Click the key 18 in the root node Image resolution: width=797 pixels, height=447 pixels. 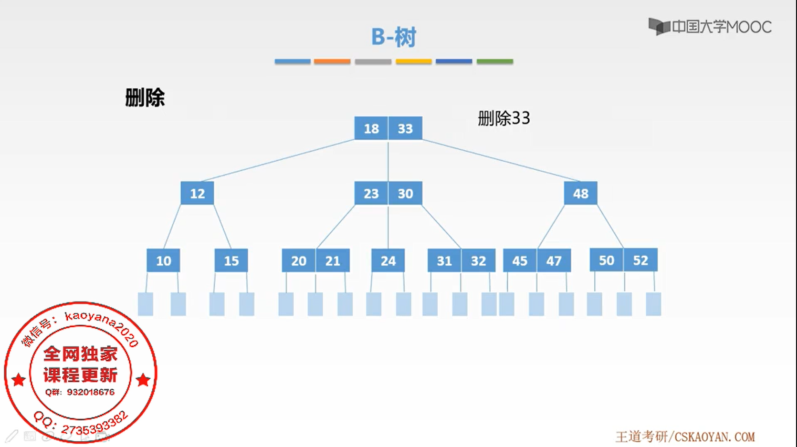[x=371, y=128]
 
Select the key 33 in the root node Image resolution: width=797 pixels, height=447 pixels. [x=405, y=128]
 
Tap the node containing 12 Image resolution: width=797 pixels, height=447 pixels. [x=197, y=193]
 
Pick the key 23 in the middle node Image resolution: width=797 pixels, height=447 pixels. [x=371, y=193]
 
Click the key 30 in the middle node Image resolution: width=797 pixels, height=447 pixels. [x=405, y=193]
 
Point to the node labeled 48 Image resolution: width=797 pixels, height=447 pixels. [x=580, y=193]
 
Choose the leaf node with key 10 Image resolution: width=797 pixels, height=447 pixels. [x=163, y=260]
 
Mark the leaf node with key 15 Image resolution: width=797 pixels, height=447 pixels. [x=231, y=260]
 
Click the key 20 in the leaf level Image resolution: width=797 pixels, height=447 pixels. [x=299, y=260]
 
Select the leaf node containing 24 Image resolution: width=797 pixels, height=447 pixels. [x=388, y=260]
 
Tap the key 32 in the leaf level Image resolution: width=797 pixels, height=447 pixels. [x=478, y=260]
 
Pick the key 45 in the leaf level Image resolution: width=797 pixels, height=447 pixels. [x=520, y=260]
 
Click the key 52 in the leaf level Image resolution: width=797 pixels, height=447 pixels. [x=640, y=260]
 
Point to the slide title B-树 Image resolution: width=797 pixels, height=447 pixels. [x=394, y=37]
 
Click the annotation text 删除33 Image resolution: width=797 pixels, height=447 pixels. [x=504, y=118]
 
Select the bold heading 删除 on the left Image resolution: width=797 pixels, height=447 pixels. [x=145, y=98]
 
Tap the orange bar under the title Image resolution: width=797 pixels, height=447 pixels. [x=332, y=62]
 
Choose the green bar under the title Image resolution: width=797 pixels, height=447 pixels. [x=495, y=62]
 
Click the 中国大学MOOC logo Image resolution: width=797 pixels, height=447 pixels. [x=710, y=27]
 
